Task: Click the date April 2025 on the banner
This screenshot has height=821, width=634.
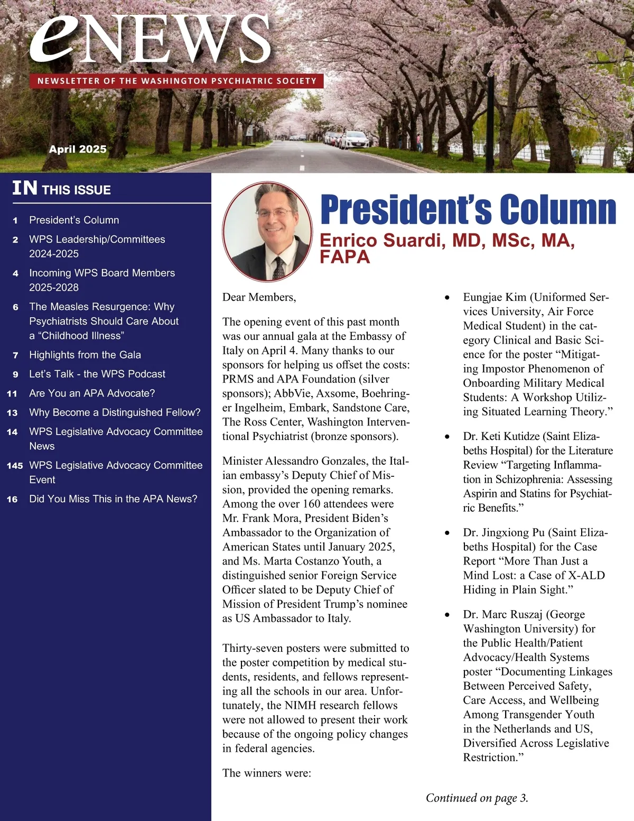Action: pyautogui.click(x=78, y=149)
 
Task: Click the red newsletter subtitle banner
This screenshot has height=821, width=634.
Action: pyautogui.click(x=177, y=81)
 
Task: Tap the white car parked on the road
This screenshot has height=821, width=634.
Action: pyautogui.click(x=354, y=140)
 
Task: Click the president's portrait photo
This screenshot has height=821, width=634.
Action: pyautogui.click(x=267, y=232)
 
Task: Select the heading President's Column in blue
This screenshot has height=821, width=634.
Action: pyautogui.click(x=468, y=209)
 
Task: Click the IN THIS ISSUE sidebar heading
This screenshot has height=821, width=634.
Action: pyautogui.click(x=62, y=189)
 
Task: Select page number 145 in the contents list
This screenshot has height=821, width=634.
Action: pyautogui.click(x=15, y=466)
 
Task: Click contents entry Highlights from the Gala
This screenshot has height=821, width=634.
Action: pyautogui.click(x=85, y=355)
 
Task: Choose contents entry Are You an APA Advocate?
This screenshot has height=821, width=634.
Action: pyautogui.click(x=92, y=393)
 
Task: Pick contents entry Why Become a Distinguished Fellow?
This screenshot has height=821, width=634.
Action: pyautogui.click(x=115, y=412)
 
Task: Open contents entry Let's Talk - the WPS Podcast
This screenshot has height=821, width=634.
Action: pyautogui.click(x=97, y=374)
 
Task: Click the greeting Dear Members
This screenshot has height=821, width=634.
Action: pyautogui.click(x=259, y=297)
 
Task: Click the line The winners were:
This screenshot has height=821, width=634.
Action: pyautogui.click(x=267, y=773)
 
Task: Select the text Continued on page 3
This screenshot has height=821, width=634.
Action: pyautogui.click(x=477, y=798)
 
